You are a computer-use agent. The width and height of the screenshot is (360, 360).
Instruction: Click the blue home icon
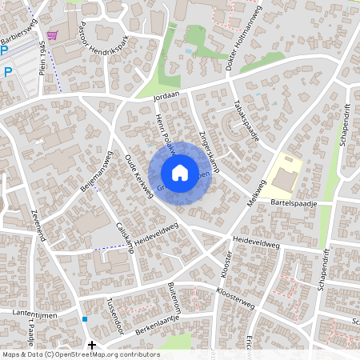(180, 172)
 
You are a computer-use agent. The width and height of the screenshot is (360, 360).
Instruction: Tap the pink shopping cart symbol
(53, 35)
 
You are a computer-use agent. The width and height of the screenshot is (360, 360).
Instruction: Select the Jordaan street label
(166, 97)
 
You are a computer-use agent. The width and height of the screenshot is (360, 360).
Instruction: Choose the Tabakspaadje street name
(246, 122)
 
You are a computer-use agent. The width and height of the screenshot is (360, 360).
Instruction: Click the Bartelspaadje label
(294, 204)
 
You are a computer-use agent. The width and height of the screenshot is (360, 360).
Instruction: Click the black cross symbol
(92, 346)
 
